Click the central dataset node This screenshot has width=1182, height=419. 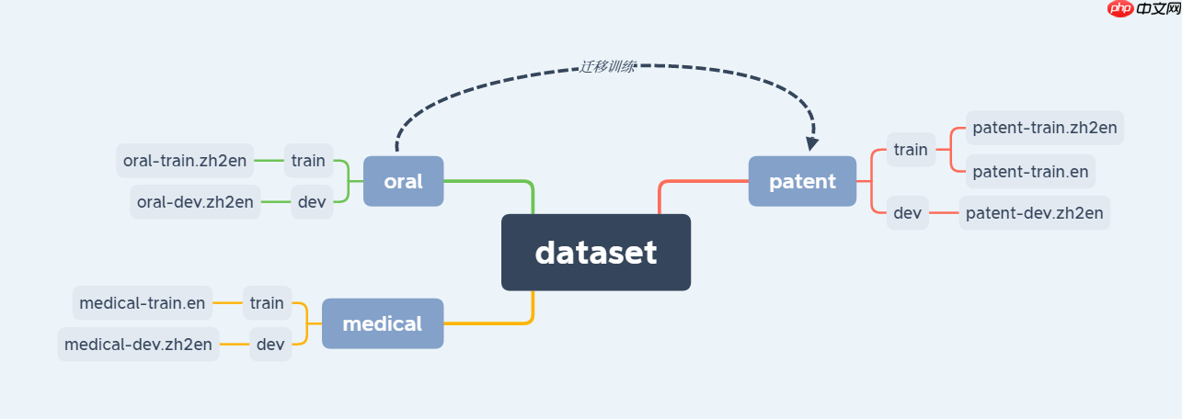(596, 253)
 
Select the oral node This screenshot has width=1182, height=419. (403, 181)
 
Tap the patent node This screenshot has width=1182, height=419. (802, 181)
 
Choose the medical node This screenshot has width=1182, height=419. (382, 323)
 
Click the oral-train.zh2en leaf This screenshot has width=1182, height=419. (184, 161)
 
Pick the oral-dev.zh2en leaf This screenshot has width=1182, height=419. (195, 202)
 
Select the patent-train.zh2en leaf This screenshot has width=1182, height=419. (1044, 128)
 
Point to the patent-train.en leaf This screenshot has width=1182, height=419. (1030, 171)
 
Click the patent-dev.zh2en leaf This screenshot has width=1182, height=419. (1034, 213)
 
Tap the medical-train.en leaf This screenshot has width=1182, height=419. (142, 302)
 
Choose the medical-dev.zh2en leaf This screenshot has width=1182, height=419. (138, 345)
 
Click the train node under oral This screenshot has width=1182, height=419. (308, 161)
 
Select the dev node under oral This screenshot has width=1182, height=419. (313, 202)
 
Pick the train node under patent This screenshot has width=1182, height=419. (911, 150)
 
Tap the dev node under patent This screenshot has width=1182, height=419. (907, 213)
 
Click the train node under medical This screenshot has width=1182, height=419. (267, 302)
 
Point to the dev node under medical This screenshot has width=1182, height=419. (270, 345)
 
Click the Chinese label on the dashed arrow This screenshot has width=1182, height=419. (607, 66)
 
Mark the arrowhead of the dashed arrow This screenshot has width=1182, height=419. (811, 143)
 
